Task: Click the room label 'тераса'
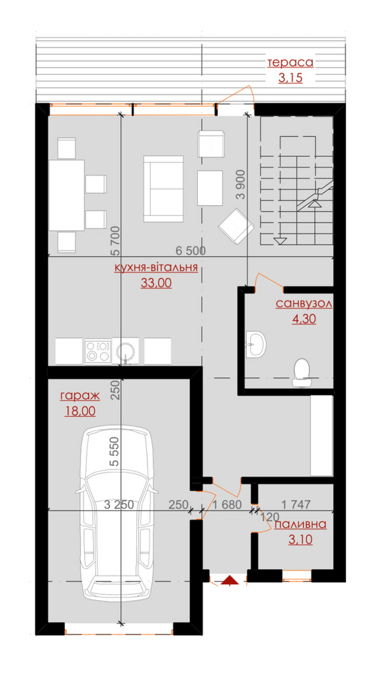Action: pyautogui.click(x=290, y=62)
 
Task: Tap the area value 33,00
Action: pyautogui.click(x=156, y=283)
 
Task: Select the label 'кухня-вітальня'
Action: pyautogui.click(x=156, y=267)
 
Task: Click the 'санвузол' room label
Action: pyautogui.click(x=304, y=303)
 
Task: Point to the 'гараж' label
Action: pyautogui.click(x=80, y=396)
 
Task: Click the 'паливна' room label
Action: pyautogui.click(x=301, y=524)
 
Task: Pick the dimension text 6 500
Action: pyautogui.click(x=190, y=251)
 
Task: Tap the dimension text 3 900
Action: pyautogui.click(x=241, y=185)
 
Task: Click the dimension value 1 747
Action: pyautogui.click(x=296, y=505)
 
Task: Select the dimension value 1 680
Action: pyautogui.click(x=227, y=505)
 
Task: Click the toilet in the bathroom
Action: pyautogui.click(x=301, y=373)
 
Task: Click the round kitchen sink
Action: pyautogui.click(x=125, y=351)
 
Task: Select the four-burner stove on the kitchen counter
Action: pyautogui.click(x=98, y=351)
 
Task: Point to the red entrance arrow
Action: pyautogui.click(x=230, y=580)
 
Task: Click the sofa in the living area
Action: pyautogui.click(x=164, y=189)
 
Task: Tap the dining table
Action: pyautogui.click(x=67, y=195)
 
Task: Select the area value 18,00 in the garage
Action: pyautogui.click(x=80, y=411)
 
